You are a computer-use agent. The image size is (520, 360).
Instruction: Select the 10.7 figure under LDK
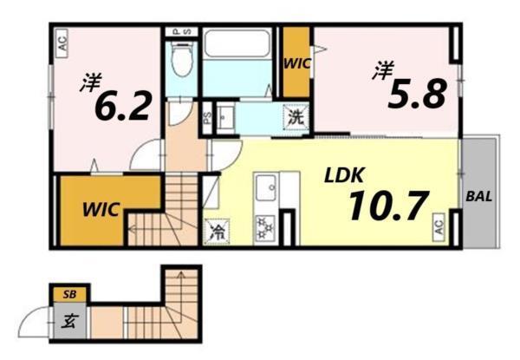pos(388,206)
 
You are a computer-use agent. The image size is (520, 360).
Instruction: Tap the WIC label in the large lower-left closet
pos(102,210)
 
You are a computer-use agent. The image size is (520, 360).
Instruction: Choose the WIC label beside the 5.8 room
pos(297,62)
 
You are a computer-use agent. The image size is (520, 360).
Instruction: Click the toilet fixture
pos(181,58)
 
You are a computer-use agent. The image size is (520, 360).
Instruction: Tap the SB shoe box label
pos(68,295)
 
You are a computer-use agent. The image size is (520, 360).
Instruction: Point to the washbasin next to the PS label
pos(228,119)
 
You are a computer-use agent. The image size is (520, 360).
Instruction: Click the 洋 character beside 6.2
pos(89,83)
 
